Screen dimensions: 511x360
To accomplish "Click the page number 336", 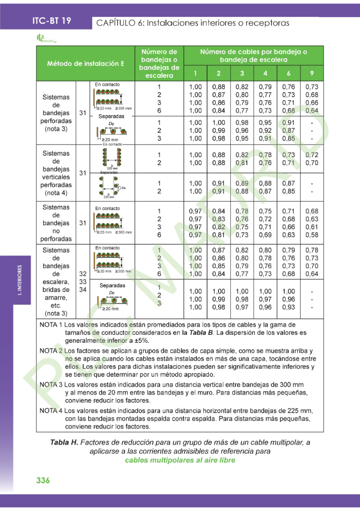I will click(x=43, y=480).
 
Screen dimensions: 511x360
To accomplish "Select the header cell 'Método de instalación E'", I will click(x=85, y=64).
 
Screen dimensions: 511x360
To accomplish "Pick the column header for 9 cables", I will click(x=312, y=73).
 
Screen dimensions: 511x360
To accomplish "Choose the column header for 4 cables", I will click(x=265, y=73).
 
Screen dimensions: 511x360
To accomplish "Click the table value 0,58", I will click(x=312, y=235).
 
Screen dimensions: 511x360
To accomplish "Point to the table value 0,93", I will click(x=288, y=307).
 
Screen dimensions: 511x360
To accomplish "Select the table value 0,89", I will click(x=242, y=183).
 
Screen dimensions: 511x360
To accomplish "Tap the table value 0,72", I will click(x=312, y=155).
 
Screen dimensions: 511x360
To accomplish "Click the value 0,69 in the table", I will click(x=265, y=235).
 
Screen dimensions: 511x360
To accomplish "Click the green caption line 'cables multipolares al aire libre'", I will click(x=180, y=460).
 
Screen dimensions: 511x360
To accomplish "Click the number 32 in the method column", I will click(x=83, y=274).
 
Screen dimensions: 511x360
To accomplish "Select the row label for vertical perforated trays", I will click(x=56, y=173).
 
